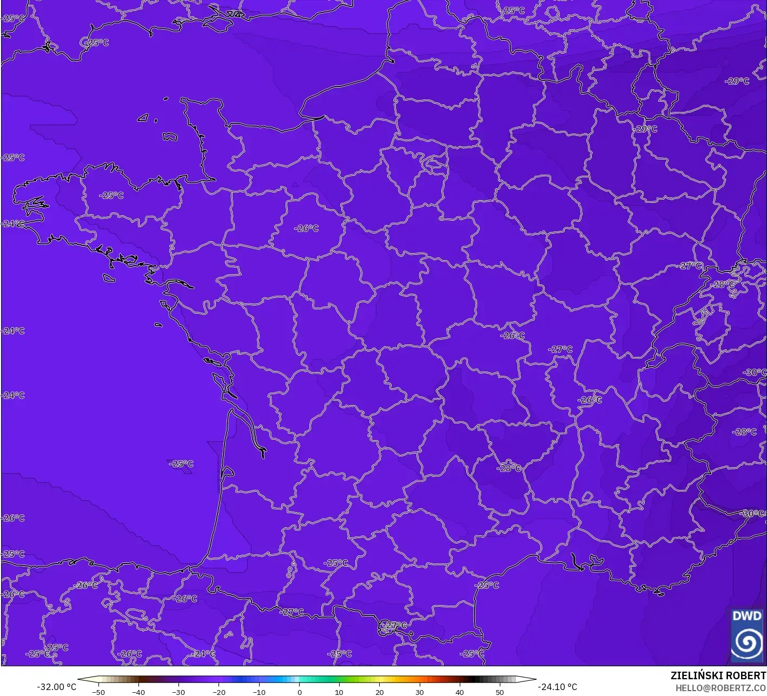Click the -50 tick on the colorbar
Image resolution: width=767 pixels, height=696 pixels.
point(98,692)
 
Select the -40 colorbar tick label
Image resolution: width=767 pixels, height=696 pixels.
point(138,692)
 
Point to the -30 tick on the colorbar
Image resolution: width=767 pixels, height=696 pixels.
point(178,692)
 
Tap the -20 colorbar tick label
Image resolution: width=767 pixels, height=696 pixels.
point(219,692)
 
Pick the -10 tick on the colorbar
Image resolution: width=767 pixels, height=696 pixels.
point(259,692)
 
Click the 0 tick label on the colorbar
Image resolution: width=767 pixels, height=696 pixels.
point(299,692)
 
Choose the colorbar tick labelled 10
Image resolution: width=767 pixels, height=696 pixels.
point(339,692)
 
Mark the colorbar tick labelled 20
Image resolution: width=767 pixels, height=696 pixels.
point(379,692)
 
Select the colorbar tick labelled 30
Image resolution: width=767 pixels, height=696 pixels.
point(419,692)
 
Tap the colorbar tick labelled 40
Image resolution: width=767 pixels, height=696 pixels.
point(459,692)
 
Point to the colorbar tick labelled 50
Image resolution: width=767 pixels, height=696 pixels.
point(499,692)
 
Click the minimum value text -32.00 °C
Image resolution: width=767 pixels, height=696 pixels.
point(56,687)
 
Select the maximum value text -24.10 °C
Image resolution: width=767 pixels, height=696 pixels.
point(557,687)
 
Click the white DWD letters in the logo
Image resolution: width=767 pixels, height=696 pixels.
point(746,616)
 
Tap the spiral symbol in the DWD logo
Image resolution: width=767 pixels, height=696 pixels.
point(746,642)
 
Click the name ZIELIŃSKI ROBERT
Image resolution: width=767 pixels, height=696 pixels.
point(718,676)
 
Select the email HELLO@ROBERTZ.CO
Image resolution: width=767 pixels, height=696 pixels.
point(720,687)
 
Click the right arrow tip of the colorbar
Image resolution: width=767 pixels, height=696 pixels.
point(535,679)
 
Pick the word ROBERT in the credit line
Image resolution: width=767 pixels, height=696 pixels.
point(746,676)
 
